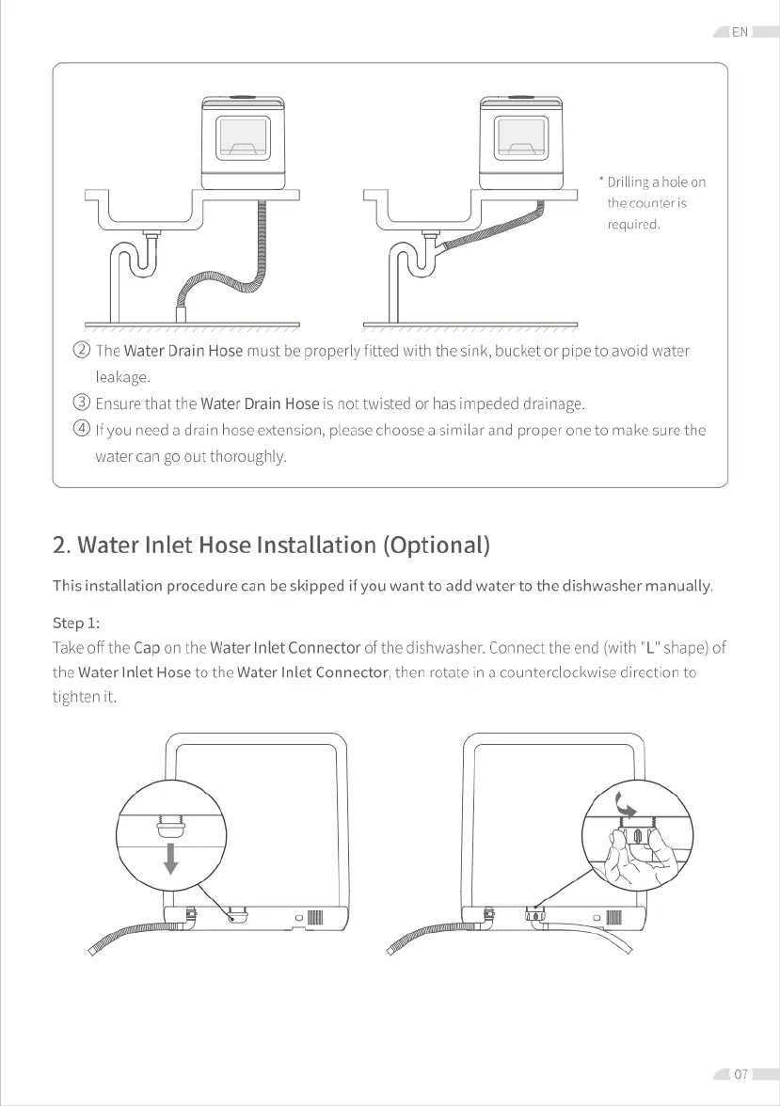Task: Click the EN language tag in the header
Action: coord(740,32)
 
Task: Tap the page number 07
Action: coord(741,1074)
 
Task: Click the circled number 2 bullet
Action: coord(82,352)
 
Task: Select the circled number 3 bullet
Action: coord(82,404)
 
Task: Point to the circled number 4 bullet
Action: coord(82,431)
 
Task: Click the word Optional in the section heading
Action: coord(436,545)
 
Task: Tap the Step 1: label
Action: coord(76,623)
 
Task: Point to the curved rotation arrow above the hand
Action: coord(623,801)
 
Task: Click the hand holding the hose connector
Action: coord(632,858)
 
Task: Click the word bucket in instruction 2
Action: coord(523,352)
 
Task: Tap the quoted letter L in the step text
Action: coord(647,647)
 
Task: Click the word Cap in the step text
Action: coord(147,647)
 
